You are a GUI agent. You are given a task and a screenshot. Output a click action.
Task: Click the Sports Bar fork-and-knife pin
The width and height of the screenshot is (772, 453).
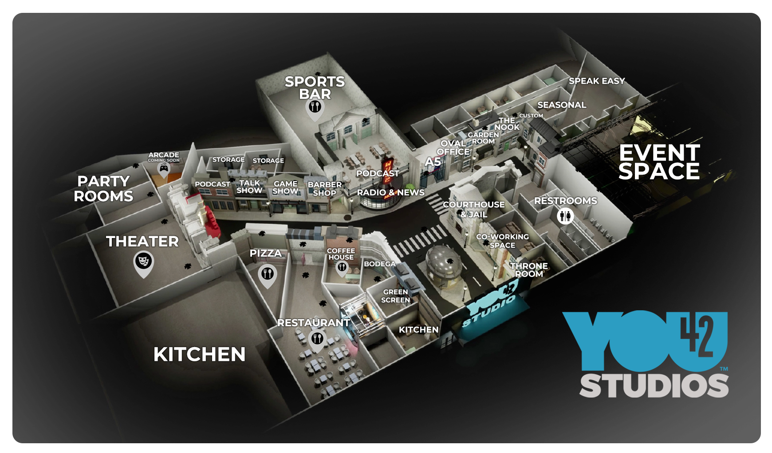pos(315,107)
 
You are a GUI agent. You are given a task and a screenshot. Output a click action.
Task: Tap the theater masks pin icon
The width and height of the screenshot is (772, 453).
pos(143,261)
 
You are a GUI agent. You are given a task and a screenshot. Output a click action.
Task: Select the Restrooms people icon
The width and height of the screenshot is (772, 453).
pos(565,216)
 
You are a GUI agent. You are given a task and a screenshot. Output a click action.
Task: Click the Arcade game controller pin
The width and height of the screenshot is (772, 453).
pos(164,168)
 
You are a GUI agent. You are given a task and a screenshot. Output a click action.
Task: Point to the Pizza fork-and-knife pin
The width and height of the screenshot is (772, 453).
pos(267,273)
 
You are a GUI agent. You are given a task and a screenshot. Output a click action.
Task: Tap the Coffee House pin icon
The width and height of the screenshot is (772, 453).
pos(342,267)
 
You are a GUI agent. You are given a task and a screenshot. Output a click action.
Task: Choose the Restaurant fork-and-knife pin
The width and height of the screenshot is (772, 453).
pos(317,339)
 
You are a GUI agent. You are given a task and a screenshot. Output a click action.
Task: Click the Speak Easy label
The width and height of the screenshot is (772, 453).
pos(597,81)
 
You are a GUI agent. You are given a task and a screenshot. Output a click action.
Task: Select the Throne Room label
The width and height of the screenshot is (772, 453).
pos(529,270)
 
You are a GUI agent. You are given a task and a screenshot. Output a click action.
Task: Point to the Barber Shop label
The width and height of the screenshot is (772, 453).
pos(325,189)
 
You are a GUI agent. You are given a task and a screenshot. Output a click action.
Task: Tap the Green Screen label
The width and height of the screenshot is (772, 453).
pos(396,296)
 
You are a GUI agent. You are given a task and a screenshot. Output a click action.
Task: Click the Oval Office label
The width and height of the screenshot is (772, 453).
pos(453,148)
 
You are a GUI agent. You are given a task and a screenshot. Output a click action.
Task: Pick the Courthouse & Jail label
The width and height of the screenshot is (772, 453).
pos(474,209)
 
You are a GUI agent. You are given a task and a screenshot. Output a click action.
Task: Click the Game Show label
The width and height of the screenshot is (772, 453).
pos(285,187)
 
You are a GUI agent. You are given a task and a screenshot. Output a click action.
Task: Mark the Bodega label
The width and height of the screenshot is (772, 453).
pos(379,264)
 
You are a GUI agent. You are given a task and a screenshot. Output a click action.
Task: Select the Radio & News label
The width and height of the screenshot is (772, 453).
pos(390,192)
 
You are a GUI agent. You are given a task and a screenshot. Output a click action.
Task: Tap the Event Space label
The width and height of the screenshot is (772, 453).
pos(659,162)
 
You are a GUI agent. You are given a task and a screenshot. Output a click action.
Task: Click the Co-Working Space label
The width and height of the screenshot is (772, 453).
pos(503,241)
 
